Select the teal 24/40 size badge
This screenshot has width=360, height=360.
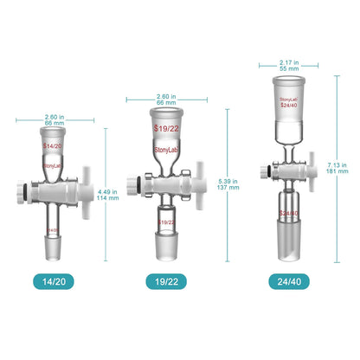tap(291, 280)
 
